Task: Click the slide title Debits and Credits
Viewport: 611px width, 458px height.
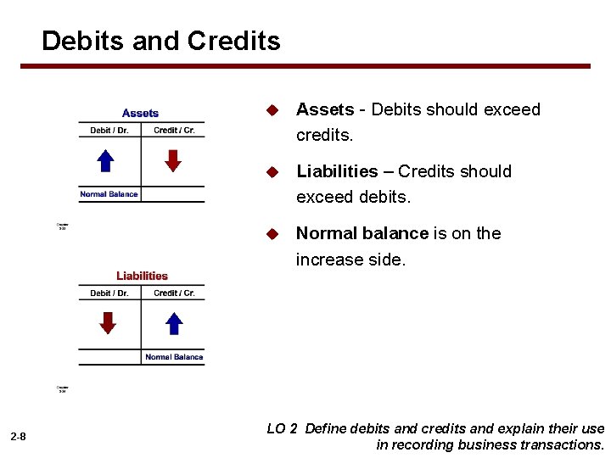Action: pyautogui.click(x=160, y=41)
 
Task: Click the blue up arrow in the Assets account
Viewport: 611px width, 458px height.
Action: pyautogui.click(x=105, y=160)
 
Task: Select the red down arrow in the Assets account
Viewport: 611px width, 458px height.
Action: pyautogui.click(x=173, y=160)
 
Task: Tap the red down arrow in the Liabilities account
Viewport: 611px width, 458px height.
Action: pyautogui.click(x=108, y=323)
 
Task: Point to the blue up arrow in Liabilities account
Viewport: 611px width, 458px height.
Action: pyautogui.click(x=174, y=323)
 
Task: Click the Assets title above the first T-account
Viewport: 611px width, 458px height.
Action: pyautogui.click(x=140, y=113)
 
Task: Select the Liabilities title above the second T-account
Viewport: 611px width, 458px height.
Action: pyautogui.click(x=142, y=276)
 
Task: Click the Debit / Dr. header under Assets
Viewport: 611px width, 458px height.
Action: pyautogui.click(x=109, y=131)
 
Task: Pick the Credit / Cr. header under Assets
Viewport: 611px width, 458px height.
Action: pyautogui.click(x=174, y=131)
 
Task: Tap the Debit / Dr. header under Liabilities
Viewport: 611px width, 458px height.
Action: pyautogui.click(x=109, y=293)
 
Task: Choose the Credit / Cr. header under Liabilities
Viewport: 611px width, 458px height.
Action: pyautogui.click(x=174, y=293)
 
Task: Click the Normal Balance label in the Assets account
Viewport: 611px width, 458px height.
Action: pyautogui.click(x=109, y=194)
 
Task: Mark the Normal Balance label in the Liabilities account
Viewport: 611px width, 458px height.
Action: pyautogui.click(x=174, y=357)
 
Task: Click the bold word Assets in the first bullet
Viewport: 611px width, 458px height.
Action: pyautogui.click(x=324, y=109)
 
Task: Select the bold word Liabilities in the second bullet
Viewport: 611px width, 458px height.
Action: pyautogui.click(x=337, y=171)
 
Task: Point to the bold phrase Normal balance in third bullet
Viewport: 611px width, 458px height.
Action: pyautogui.click(x=362, y=233)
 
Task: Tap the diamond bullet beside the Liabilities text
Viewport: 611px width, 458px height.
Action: pyautogui.click(x=272, y=172)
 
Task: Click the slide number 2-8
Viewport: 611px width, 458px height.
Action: pyautogui.click(x=18, y=437)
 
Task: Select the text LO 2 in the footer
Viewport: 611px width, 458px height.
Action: pyautogui.click(x=282, y=429)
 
